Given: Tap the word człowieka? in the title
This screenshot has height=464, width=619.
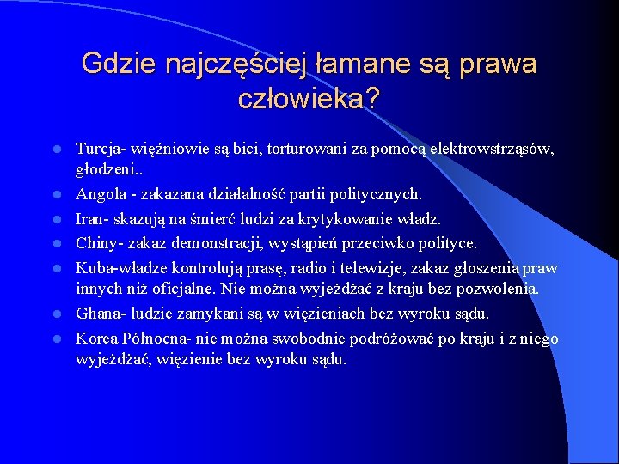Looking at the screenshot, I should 309,99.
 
